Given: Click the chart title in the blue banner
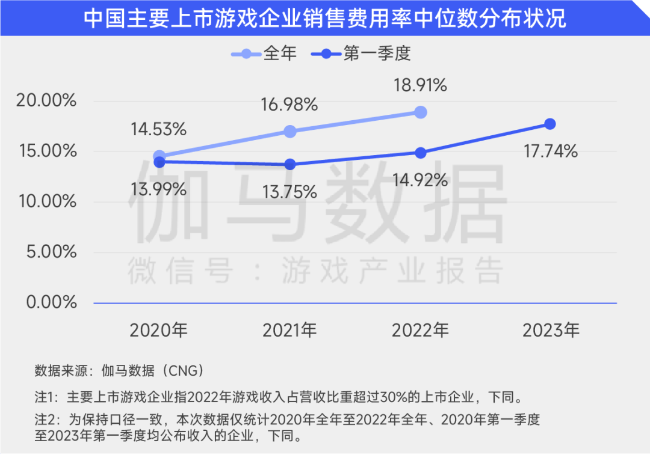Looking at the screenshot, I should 325,18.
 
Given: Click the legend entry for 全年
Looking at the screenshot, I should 264,53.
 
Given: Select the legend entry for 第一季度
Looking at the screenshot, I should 361,53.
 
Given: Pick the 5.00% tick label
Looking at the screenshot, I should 51,251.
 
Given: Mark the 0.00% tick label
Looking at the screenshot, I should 51,302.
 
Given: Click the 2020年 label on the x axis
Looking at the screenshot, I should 159,330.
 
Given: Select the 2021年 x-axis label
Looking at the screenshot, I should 289,330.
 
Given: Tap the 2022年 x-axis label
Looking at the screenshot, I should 420,330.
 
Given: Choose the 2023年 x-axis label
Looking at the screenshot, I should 551,330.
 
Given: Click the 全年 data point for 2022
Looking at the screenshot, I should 420,112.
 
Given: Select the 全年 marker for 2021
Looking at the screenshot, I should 289,132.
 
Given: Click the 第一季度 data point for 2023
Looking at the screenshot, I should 550,124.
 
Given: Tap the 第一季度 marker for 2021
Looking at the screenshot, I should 289,164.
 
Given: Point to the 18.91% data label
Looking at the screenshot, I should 420,85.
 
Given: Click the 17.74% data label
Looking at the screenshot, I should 551,151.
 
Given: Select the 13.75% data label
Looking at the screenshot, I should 289,192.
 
